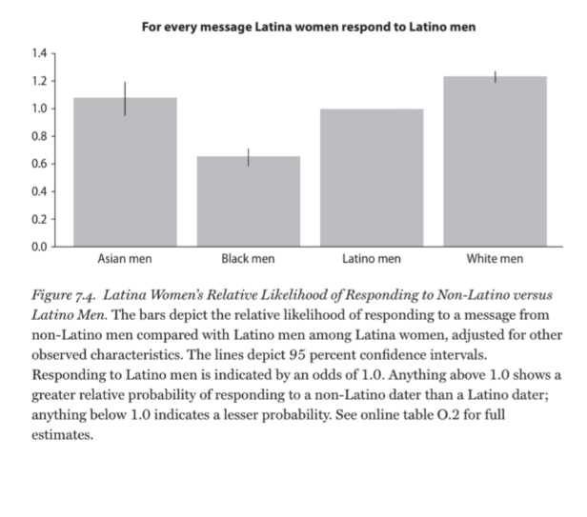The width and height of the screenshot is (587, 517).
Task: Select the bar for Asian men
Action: click(x=125, y=176)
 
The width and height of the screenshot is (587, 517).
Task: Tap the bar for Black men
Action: click(x=248, y=202)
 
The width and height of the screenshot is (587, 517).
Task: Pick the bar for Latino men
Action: click(x=371, y=178)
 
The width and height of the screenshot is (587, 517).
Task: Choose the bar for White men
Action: click(x=494, y=162)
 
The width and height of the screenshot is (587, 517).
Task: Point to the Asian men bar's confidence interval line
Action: click(x=125, y=98)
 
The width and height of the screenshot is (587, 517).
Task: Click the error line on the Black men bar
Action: click(x=248, y=157)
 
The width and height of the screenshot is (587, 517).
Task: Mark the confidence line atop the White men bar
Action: click(x=494, y=76)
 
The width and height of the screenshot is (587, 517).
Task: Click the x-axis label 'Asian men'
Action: click(x=125, y=259)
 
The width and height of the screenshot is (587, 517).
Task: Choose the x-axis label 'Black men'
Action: click(x=248, y=259)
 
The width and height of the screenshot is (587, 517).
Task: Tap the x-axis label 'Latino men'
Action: click(x=371, y=259)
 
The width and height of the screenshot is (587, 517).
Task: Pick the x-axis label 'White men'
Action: click(x=494, y=259)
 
